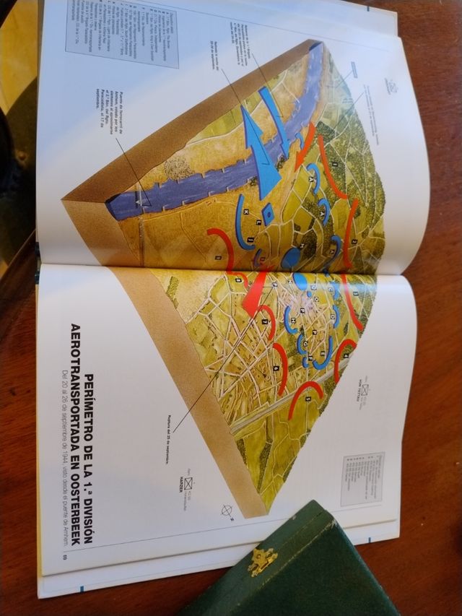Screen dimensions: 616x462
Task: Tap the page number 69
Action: (65, 557)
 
